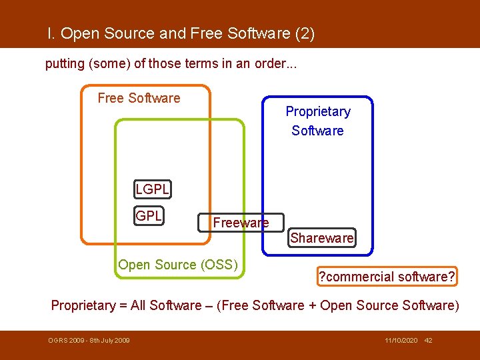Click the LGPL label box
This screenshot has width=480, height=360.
coord(152,189)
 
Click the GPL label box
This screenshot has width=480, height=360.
coord(149,216)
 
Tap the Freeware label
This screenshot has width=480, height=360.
coord(241,223)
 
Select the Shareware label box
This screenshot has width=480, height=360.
coord(322,238)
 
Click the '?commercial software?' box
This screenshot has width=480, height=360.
coord(387,277)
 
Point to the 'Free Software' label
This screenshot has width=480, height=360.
coord(139,98)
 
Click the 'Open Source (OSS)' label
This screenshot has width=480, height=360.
coord(178,265)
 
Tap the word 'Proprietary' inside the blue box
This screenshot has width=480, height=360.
coord(318,111)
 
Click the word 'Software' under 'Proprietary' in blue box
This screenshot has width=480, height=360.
coord(317,131)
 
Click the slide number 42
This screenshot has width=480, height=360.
coord(429,341)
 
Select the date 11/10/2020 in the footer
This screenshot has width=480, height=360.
coord(401,341)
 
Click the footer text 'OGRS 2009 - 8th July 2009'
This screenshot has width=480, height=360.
coord(89,341)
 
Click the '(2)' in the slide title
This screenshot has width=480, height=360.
coord(303,33)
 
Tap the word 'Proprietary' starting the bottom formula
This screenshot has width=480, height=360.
coord(83,305)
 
